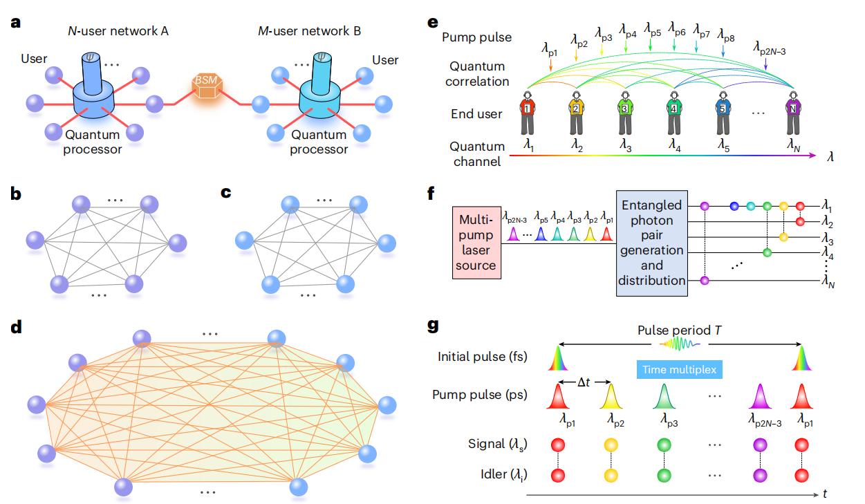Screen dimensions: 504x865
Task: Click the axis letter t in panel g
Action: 826,494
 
